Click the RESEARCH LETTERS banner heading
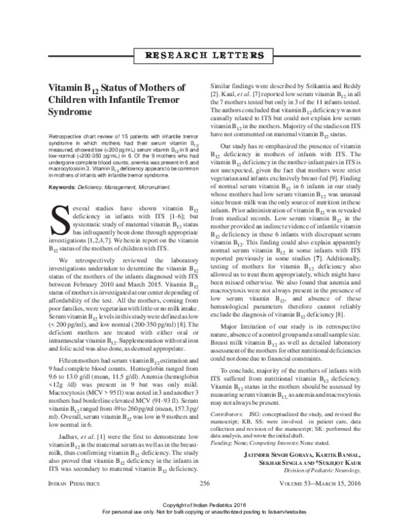tap(204, 54)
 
